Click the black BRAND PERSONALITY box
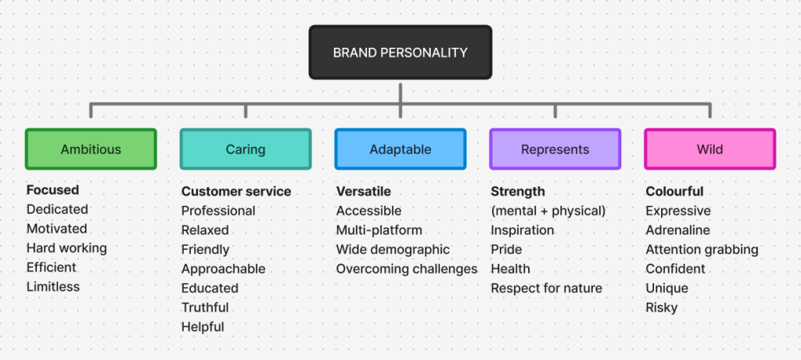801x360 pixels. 400,52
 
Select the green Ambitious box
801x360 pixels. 91,149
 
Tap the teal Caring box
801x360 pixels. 246,149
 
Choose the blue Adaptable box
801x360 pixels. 400,149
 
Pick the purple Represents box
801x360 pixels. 555,149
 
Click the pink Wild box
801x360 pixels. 709,149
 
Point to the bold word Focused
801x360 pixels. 52,190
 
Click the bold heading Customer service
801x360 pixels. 236,191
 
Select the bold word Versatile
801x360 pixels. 364,191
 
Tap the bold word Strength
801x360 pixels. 518,191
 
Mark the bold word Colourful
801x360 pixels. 674,191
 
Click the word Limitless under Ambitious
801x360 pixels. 53,286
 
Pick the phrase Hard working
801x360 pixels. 66,248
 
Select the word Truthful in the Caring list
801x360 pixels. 205,308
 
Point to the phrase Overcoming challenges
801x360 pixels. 407,268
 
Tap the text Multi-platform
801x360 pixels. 379,230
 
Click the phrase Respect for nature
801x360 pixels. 547,288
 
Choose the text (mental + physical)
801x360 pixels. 548,211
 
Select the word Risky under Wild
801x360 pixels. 662,308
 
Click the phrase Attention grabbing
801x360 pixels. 702,250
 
